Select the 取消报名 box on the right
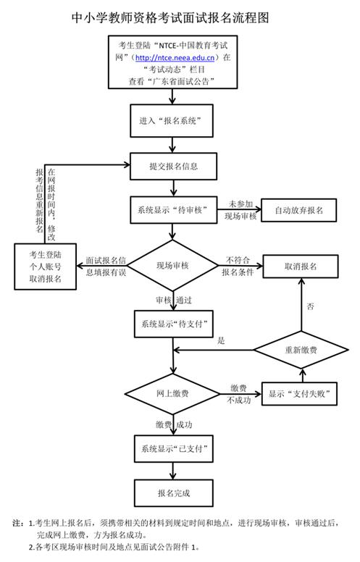[301, 266]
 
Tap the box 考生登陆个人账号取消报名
[46, 266]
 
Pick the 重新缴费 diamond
[301, 350]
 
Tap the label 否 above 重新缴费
[310, 307]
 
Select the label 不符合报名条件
[239, 266]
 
